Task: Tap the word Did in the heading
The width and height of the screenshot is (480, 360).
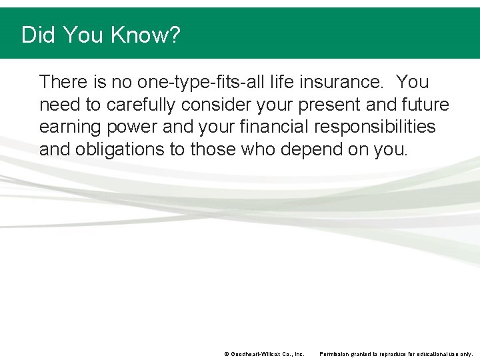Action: coord(38,35)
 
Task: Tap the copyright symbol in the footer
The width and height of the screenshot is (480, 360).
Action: coord(227,354)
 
